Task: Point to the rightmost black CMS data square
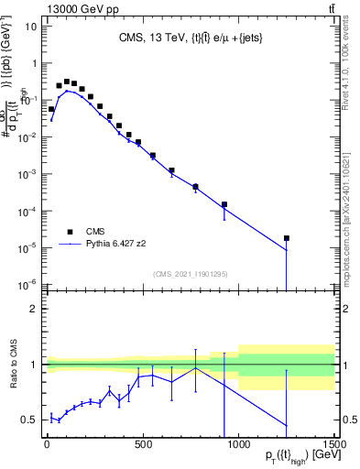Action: [287, 238]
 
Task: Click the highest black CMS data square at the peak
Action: [67, 82]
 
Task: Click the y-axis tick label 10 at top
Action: [30, 27]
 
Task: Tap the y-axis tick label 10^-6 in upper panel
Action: [27, 283]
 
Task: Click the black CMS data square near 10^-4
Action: [224, 204]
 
